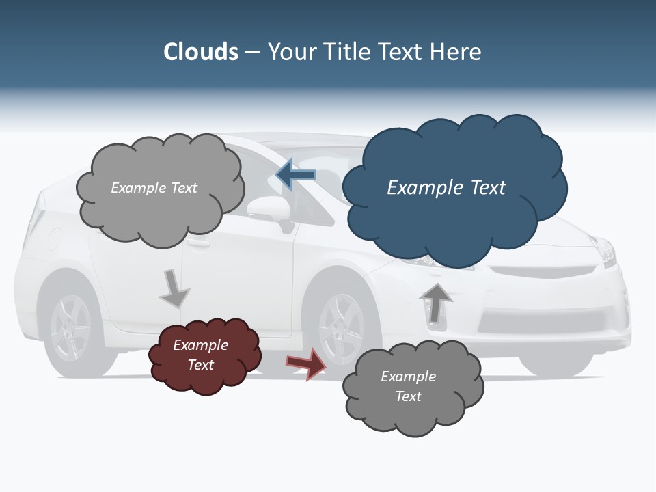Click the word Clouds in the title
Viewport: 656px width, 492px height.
(x=201, y=52)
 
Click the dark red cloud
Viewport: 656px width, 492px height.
(x=204, y=356)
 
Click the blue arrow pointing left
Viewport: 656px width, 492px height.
(x=295, y=175)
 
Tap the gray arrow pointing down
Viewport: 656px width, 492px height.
(x=174, y=288)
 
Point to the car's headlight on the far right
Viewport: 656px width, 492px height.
(x=603, y=251)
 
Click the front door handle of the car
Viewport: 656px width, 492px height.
(x=198, y=243)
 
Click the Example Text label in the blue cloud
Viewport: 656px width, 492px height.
(x=446, y=188)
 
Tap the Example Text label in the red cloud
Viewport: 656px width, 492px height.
(x=201, y=355)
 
